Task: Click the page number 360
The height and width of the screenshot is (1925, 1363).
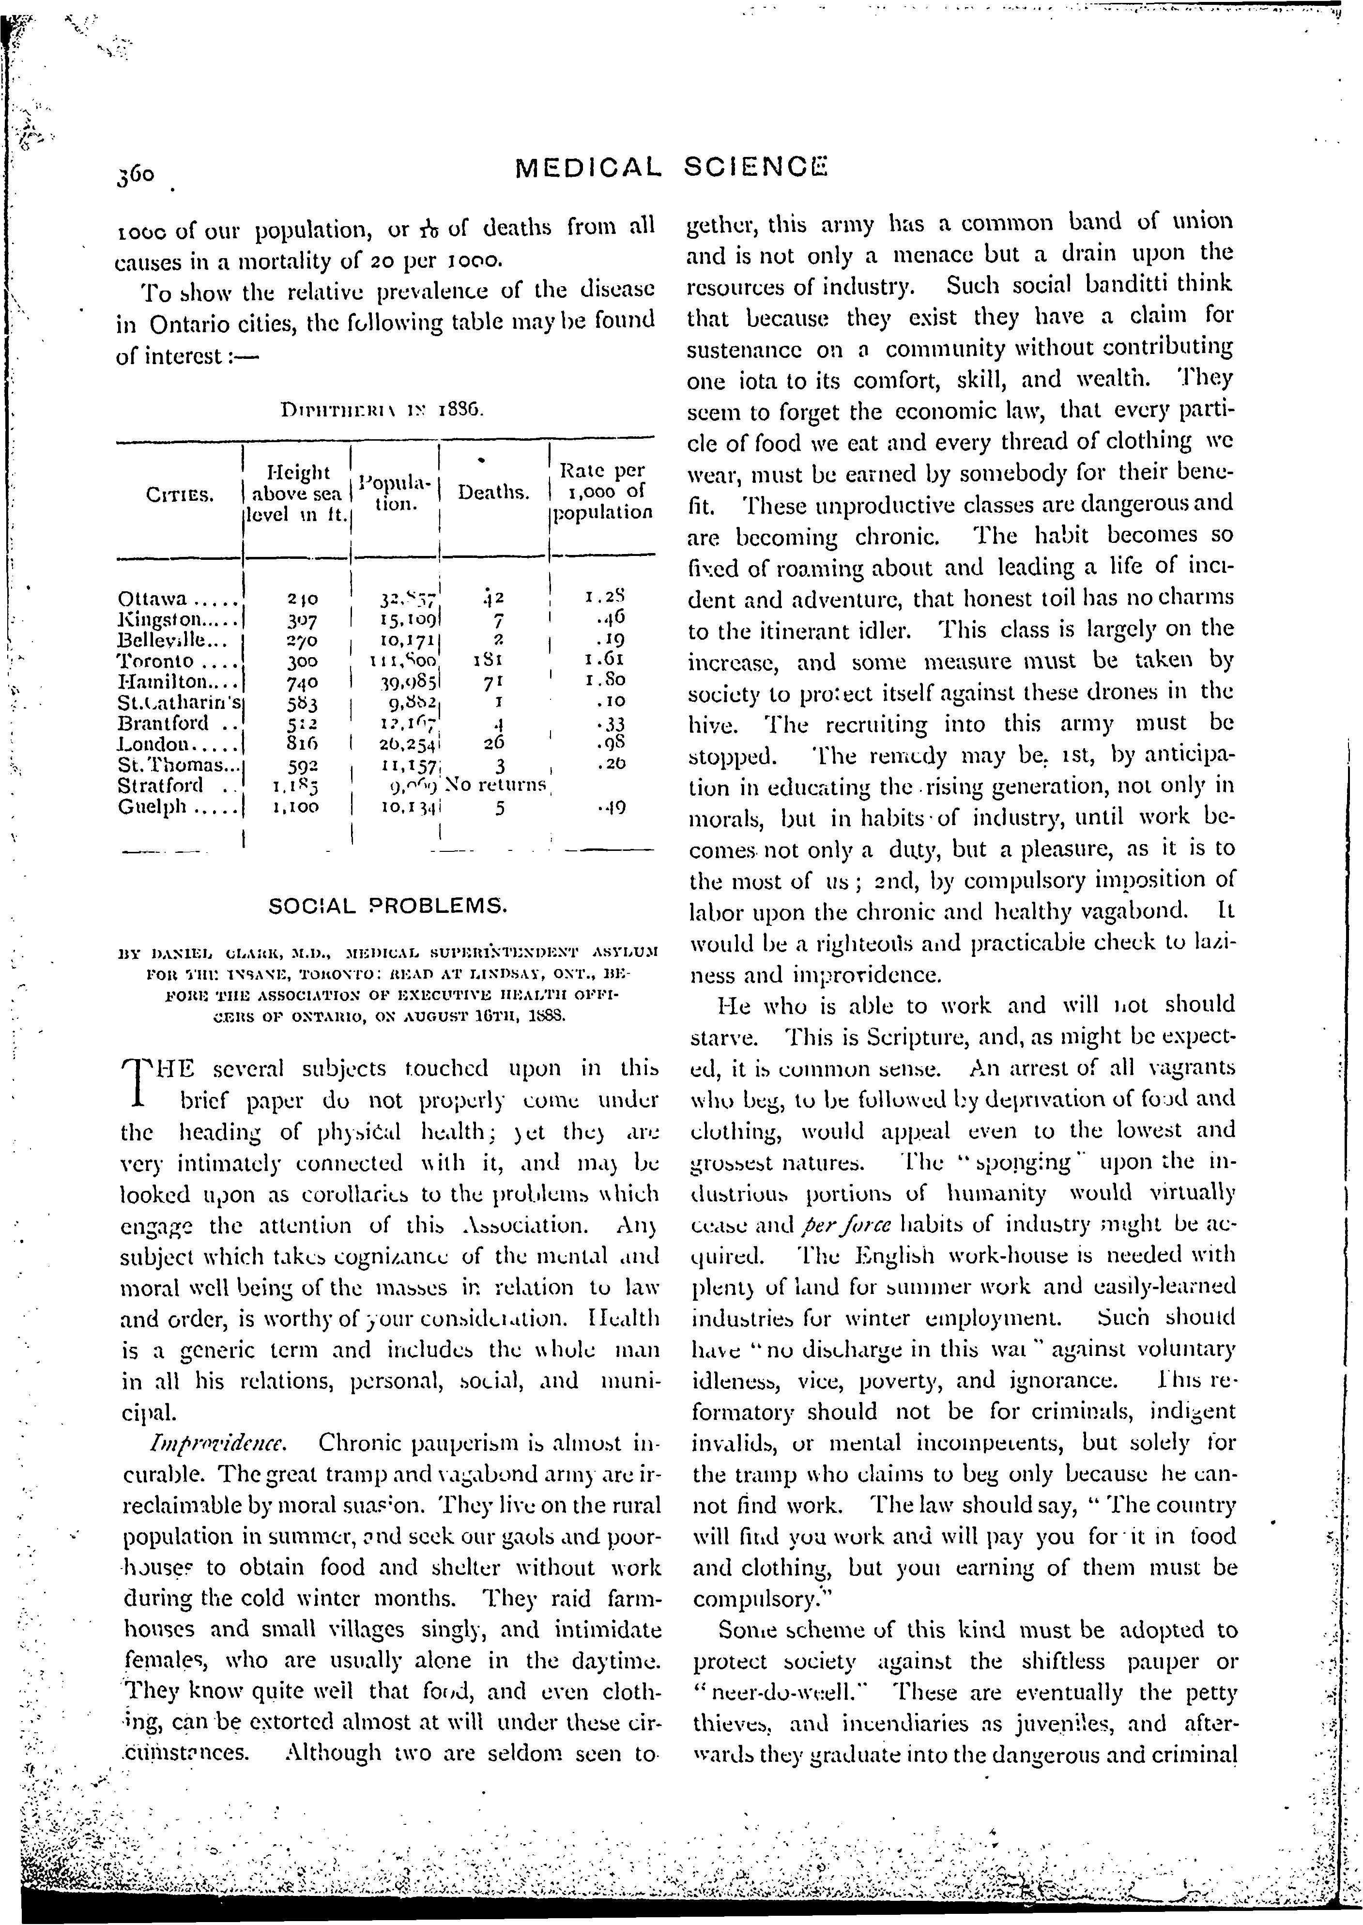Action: [x=137, y=175]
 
